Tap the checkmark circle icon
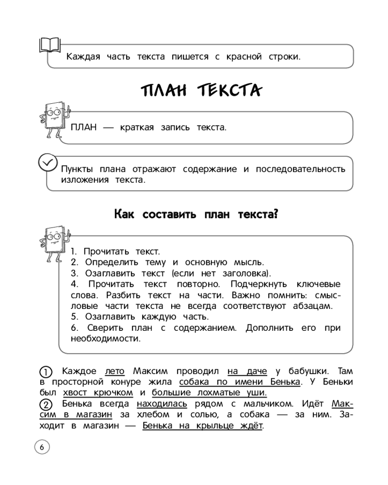47,163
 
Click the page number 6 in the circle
42,447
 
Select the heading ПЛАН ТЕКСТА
200,91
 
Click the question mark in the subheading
275,214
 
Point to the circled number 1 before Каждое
45,372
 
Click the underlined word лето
115,372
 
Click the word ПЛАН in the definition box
84,128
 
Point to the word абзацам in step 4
314,306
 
